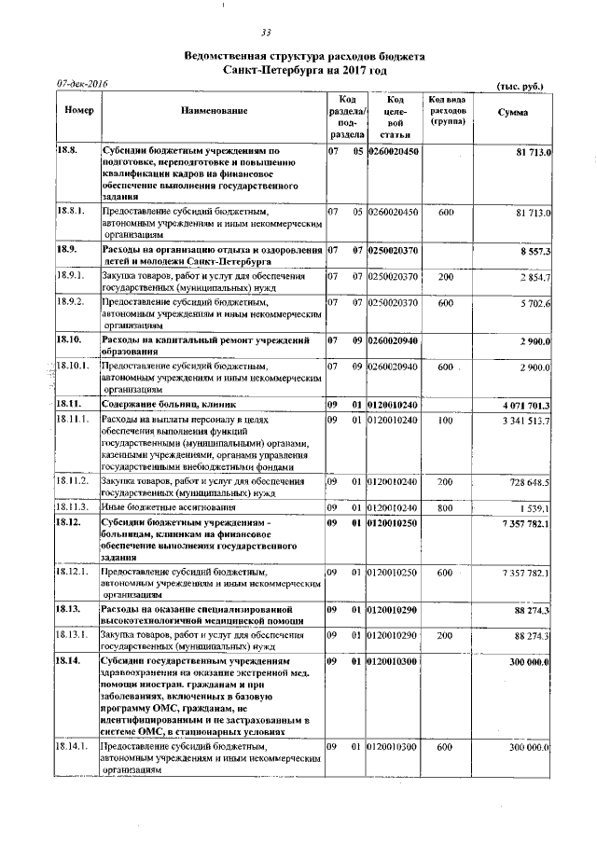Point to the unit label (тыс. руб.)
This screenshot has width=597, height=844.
pos(521,86)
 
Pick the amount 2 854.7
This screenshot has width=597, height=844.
pos(533,277)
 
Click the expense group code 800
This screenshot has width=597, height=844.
pos(445,507)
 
